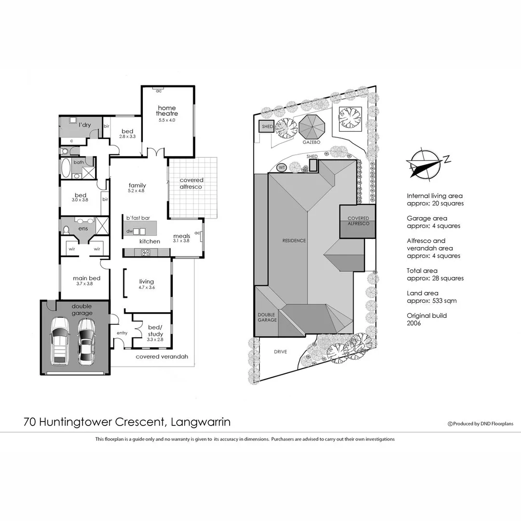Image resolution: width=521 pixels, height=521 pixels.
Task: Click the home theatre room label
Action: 166,110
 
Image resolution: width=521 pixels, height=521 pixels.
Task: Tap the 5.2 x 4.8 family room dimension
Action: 137,191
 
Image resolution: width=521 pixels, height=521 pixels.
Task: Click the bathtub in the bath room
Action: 66,169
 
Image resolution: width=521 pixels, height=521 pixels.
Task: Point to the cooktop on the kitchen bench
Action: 145,252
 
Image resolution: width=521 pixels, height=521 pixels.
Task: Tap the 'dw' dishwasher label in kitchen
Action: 129,232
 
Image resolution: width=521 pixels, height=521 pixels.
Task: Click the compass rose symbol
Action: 422,165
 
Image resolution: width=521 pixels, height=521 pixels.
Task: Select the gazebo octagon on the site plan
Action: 313,127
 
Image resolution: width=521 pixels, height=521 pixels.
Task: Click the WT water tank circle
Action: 282,168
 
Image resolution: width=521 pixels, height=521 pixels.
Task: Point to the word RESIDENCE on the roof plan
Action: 294,241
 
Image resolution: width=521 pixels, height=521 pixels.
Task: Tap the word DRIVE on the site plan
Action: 280,352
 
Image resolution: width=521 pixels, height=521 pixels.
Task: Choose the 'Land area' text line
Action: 423,293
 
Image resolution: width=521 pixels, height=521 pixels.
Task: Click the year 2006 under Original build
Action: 414,323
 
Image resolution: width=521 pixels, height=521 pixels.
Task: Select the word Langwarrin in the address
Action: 200,422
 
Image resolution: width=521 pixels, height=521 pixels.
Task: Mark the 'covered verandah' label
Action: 162,357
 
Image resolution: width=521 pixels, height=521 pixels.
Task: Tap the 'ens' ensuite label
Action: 83,228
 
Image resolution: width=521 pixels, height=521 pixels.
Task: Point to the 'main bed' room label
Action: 87,278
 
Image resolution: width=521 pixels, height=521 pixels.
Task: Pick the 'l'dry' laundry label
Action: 84,125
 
